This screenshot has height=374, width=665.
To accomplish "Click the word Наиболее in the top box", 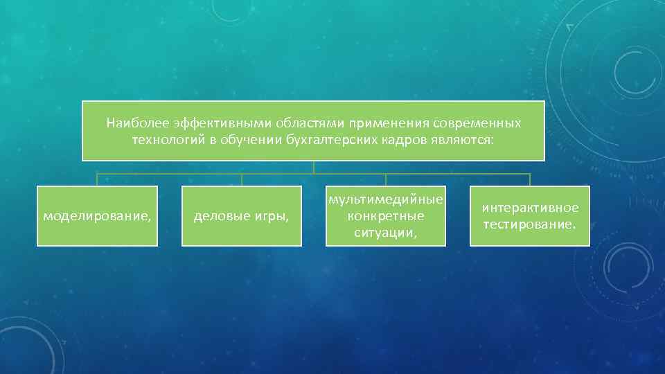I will click(x=130, y=123).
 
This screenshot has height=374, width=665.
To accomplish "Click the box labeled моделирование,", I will click(x=97, y=216).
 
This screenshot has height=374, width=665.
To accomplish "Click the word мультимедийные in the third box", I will click(x=386, y=200).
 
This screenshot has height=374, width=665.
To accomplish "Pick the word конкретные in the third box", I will click(x=386, y=216).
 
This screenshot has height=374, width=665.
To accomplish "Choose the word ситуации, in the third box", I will click(x=386, y=232).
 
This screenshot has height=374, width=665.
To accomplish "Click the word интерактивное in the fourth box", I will click(x=530, y=208).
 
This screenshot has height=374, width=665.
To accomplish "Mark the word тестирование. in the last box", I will click(x=530, y=224).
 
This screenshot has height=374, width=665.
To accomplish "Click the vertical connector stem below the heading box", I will click(x=314, y=167).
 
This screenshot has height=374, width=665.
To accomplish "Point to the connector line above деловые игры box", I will click(x=242, y=179).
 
